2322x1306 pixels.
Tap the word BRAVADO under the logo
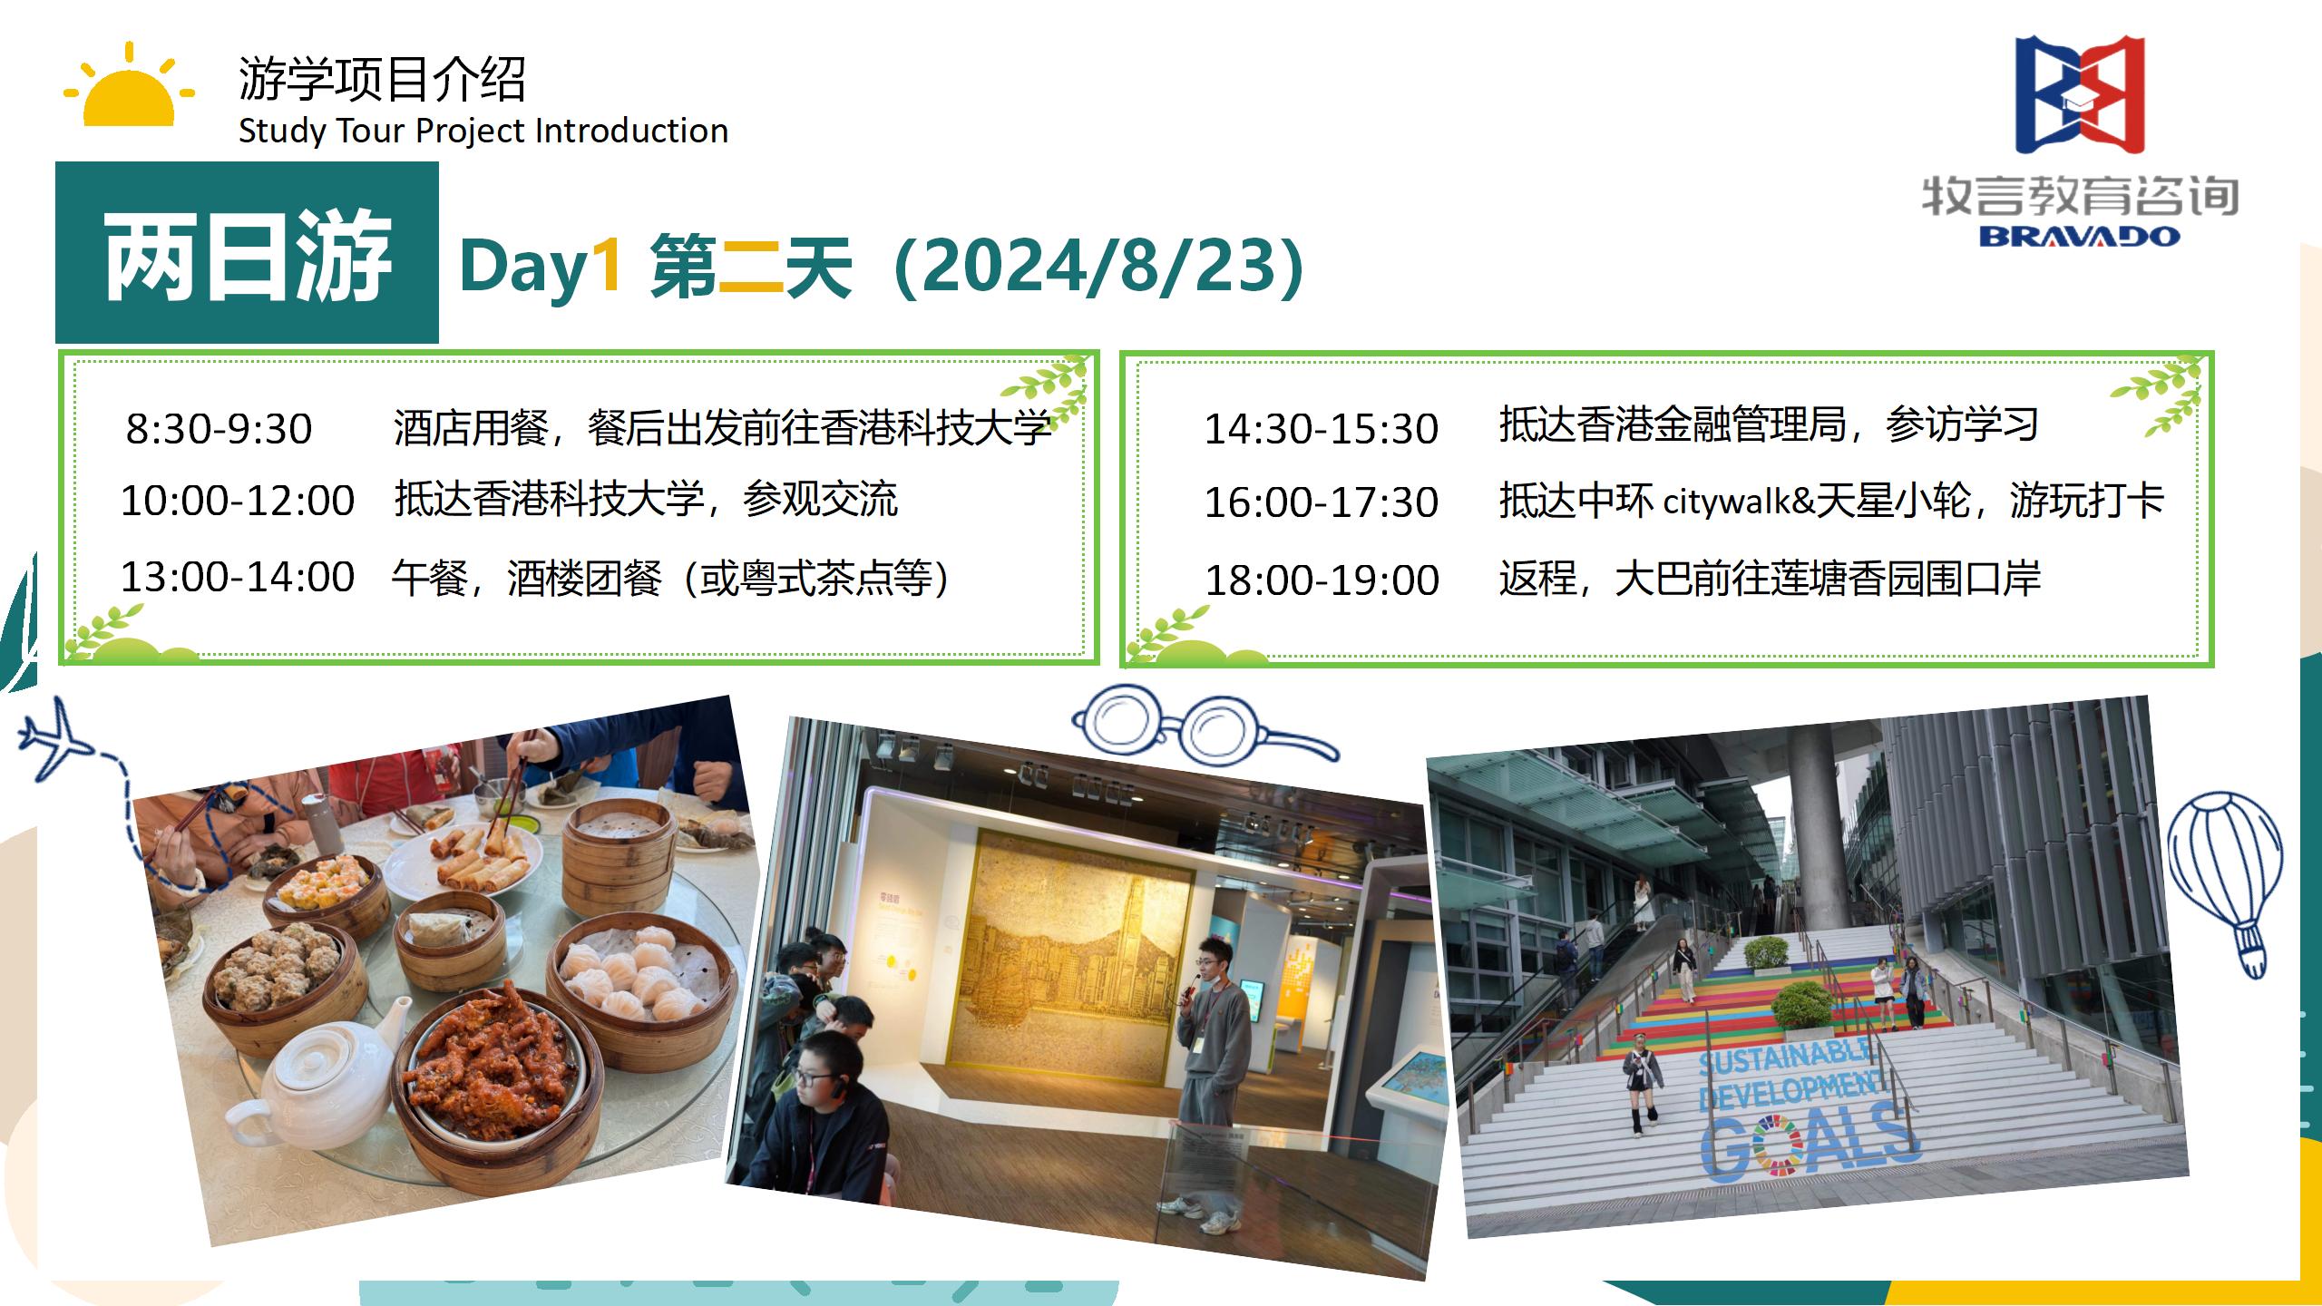tap(2079, 237)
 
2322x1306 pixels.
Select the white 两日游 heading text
tap(247, 258)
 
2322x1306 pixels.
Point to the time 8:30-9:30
tap(219, 429)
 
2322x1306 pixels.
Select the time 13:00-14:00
tap(238, 578)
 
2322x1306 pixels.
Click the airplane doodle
tap(56, 740)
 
